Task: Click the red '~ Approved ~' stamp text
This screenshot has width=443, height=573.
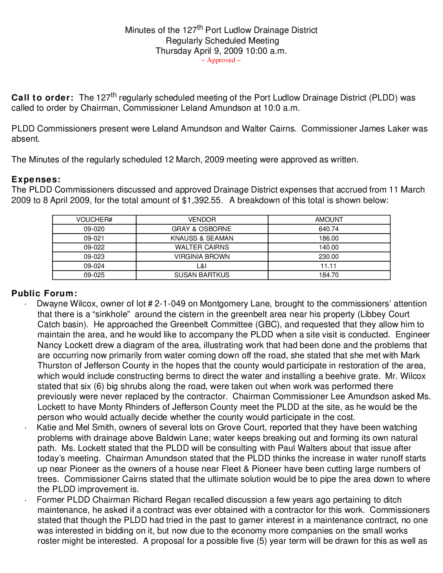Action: coord(221,60)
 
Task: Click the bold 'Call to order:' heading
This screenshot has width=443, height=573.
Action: coord(42,98)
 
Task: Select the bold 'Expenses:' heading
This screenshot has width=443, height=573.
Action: coord(36,179)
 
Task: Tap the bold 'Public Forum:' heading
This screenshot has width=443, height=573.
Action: coord(44,293)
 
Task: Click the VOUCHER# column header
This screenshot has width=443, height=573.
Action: coord(94,220)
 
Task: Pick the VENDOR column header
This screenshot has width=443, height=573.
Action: coord(202,220)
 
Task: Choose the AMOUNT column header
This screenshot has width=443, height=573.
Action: coord(329,220)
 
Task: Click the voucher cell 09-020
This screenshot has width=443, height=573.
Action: coord(94,229)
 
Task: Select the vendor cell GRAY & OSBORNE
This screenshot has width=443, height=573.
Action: coord(202,229)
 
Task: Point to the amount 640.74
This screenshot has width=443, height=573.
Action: coord(329,229)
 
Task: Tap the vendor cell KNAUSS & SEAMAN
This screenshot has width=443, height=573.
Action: coord(202,238)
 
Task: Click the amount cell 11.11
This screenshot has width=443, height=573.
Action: coord(329,266)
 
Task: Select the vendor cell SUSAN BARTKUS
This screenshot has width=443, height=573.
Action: coord(202,275)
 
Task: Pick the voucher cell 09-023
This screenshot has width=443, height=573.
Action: coord(94,257)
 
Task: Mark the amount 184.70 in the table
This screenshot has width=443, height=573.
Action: coord(329,275)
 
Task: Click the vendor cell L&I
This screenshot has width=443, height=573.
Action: coord(202,266)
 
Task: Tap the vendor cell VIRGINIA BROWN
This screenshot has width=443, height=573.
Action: coord(202,257)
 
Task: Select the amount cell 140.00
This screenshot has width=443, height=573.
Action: coord(329,247)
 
